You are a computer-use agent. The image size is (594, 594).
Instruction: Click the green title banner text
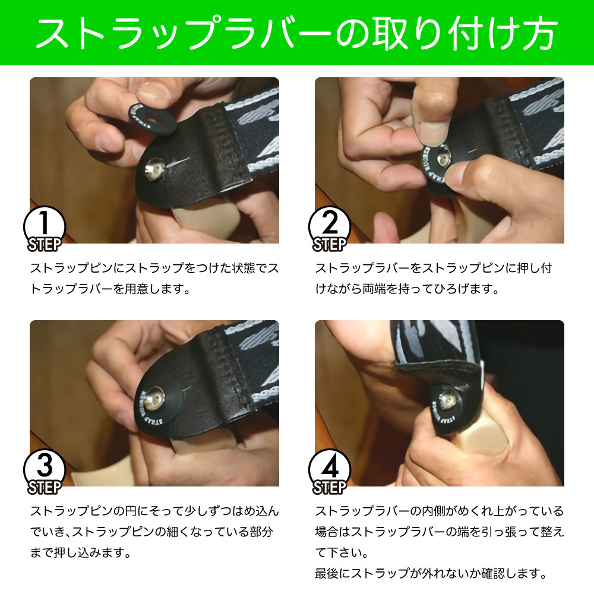pyautogui.click(x=297, y=33)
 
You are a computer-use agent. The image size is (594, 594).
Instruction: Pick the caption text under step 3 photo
pyautogui.click(x=154, y=531)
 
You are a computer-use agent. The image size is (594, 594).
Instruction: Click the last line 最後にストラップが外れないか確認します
pyautogui.click(x=430, y=574)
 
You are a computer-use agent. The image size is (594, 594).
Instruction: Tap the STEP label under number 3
pyautogui.click(x=44, y=488)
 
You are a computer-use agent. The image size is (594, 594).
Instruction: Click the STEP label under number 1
pyautogui.click(x=44, y=245)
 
